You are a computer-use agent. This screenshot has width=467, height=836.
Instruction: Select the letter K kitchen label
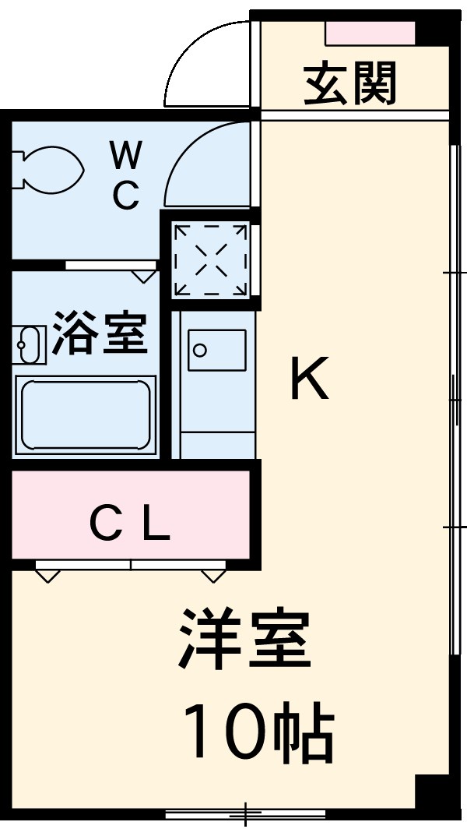(x=309, y=379)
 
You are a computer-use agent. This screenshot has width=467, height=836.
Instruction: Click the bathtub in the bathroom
(x=85, y=414)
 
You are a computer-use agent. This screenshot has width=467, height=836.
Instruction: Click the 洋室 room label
(x=245, y=640)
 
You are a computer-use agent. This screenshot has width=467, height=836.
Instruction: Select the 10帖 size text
(x=258, y=733)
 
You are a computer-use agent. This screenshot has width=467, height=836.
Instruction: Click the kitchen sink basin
(x=216, y=351)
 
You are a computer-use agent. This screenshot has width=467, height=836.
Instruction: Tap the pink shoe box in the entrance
(x=370, y=34)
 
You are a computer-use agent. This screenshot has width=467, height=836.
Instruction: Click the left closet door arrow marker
(x=47, y=575)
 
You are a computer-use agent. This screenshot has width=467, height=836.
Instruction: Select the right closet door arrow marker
(x=213, y=575)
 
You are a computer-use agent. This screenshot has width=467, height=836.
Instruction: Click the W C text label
(x=125, y=175)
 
